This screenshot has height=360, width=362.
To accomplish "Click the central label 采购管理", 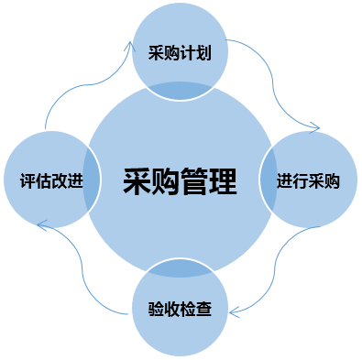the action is click(180, 181).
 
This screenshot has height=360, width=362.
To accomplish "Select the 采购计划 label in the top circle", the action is click(180, 52).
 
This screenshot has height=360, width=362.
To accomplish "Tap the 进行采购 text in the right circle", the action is click(308, 180).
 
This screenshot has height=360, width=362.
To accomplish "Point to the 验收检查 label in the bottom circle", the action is click(180, 309).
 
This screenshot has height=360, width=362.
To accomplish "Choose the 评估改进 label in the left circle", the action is click(51, 180).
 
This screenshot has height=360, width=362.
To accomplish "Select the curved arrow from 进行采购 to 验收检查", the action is click(275, 272).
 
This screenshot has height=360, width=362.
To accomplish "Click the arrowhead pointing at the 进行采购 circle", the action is click(316, 127).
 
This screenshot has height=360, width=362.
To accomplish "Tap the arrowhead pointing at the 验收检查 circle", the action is click(234, 312).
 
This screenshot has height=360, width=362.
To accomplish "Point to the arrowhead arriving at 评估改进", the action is click(41, 225).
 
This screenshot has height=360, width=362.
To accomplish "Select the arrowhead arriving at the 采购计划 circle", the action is click(131, 46).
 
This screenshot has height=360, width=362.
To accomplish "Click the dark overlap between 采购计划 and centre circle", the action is click(180, 91).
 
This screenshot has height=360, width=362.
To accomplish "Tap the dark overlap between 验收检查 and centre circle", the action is click(180, 268).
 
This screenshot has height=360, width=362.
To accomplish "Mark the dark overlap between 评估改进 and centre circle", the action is click(91, 179).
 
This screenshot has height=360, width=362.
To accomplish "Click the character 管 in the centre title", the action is click(194, 181).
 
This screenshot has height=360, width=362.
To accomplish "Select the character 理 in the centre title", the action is click(223, 181).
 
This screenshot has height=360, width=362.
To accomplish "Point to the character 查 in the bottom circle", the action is click(203, 309).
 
